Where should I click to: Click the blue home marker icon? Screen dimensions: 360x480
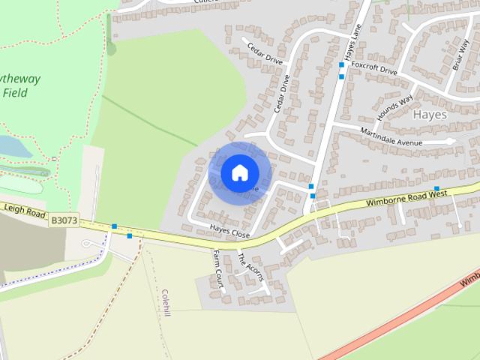coord(238,172)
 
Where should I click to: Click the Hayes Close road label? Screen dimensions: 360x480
coord(229,233)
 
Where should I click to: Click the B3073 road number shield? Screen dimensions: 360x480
coord(64,220)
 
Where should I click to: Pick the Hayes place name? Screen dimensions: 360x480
coord(429,115)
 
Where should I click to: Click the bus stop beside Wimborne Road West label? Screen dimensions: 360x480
coord(436,188)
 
